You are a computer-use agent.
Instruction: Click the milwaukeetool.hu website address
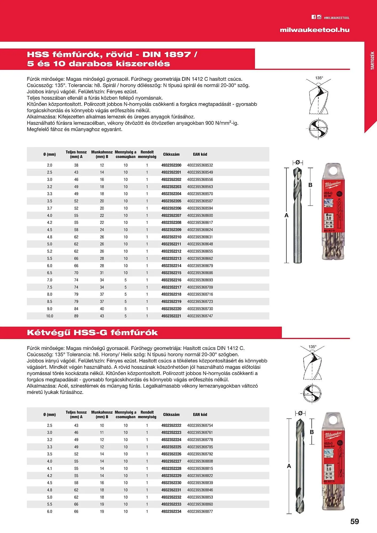pyautogui.click(x=314, y=30)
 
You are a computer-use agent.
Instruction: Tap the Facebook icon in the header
pyautogui.click(x=314, y=17)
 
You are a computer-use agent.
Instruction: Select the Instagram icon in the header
pyautogui.click(x=319, y=17)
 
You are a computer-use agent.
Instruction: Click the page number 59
pyautogui.click(x=355, y=522)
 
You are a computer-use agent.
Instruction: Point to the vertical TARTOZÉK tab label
pyautogui.click(x=372, y=61)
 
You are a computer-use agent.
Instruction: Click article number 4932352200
pyautogui.click(x=171, y=165)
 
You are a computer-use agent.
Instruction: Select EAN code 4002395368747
pyautogui.click(x=200, y=316)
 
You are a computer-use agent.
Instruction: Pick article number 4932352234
pyautogui.click(x=171, y=511)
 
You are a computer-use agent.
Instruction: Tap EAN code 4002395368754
pyautogui.click(x=200, y=426)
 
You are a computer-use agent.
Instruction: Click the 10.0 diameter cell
pyautogui.click(x=50, y=316)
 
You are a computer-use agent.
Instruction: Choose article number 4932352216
pyautogui.click(x=171, y=280)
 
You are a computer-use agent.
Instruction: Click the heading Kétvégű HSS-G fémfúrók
pyautogui.click(x=92, y=333)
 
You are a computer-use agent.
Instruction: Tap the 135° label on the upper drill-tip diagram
pyautogui.click(x=319, y=78)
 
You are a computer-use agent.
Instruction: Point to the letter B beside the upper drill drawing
pyautogui.click(x=310, y=185)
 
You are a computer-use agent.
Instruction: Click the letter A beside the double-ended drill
pyautogui.click(x=289, y=466)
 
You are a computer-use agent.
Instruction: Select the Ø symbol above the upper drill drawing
pyautogui.click(x=298, y=162)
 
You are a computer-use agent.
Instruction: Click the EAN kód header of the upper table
pyautogui.click(x=200, y=154)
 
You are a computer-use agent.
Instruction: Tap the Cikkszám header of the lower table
pyautogui.click(x=171, y=415)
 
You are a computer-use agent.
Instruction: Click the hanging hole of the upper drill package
pyautogui.click(x=333, y=171)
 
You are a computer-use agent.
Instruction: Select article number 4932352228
pyautogui.click(x=171, y=469)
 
